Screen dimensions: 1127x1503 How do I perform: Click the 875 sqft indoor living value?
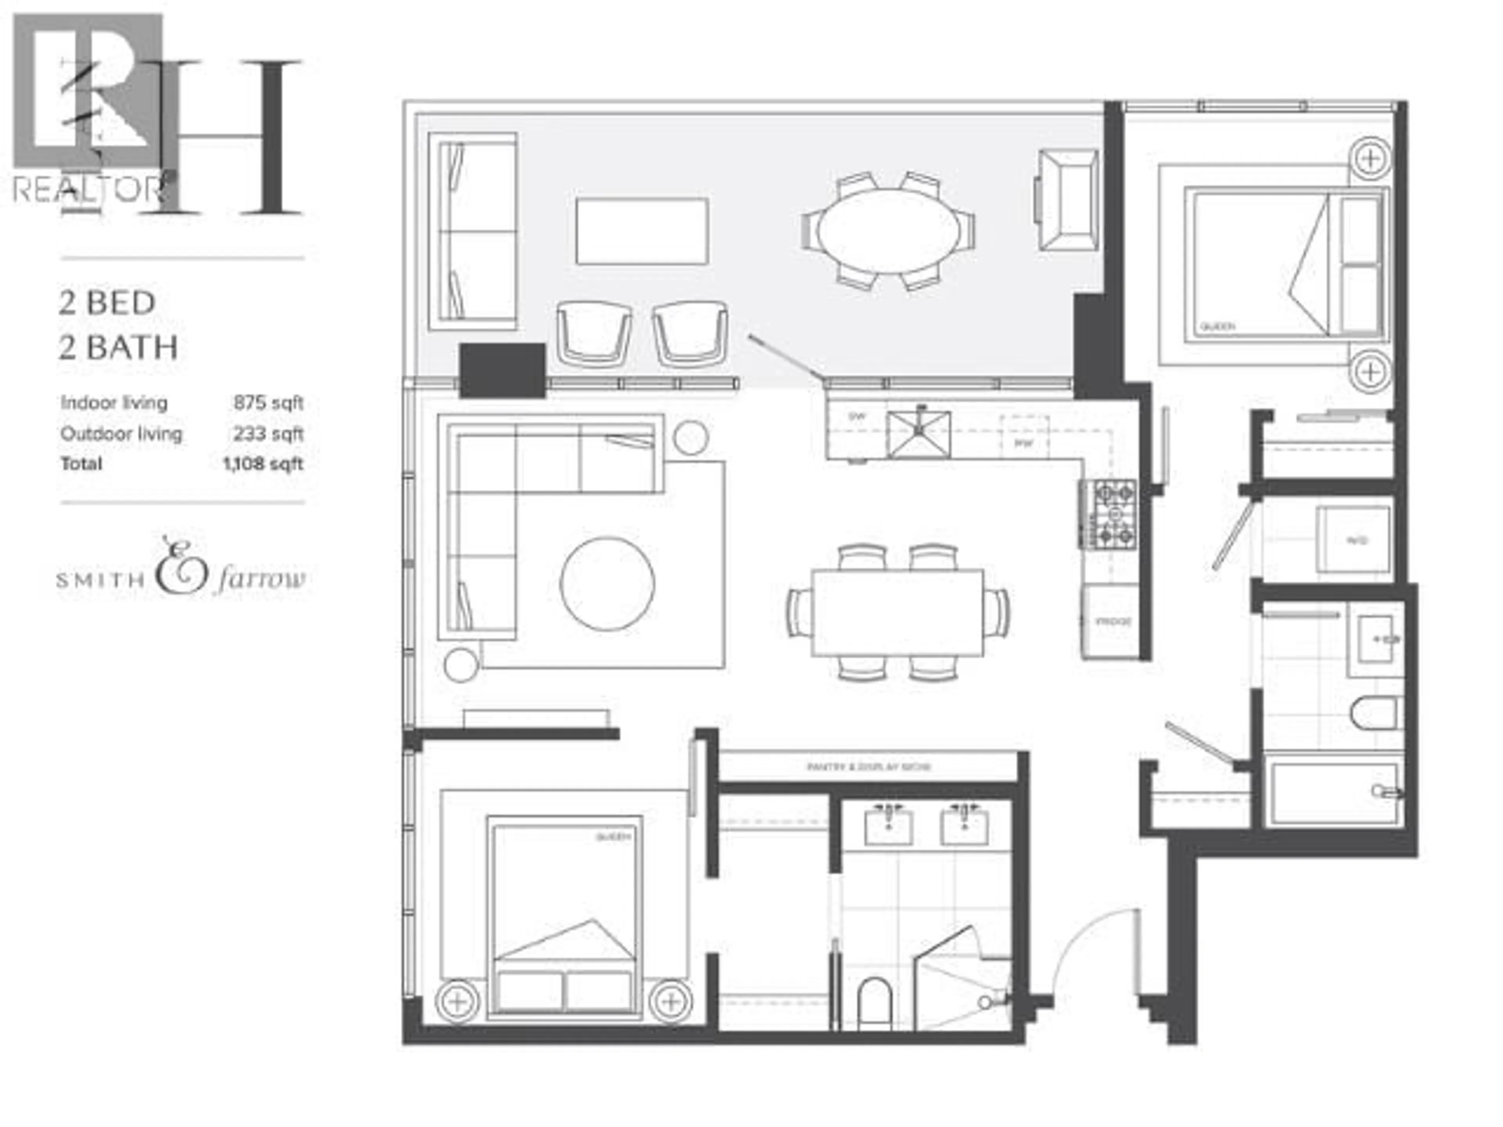[x=268, y=403]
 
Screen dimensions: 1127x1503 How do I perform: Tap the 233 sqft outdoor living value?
[x=268, y=434]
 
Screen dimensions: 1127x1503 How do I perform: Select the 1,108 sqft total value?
[x=262, y=464]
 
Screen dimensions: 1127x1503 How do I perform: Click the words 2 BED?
[x=107, y=303]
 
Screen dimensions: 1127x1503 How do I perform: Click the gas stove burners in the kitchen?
[x=1108, y=513]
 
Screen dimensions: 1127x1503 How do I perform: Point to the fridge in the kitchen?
[x=1111, y=621]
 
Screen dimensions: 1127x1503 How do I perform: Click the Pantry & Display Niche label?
[x=869, y=767]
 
